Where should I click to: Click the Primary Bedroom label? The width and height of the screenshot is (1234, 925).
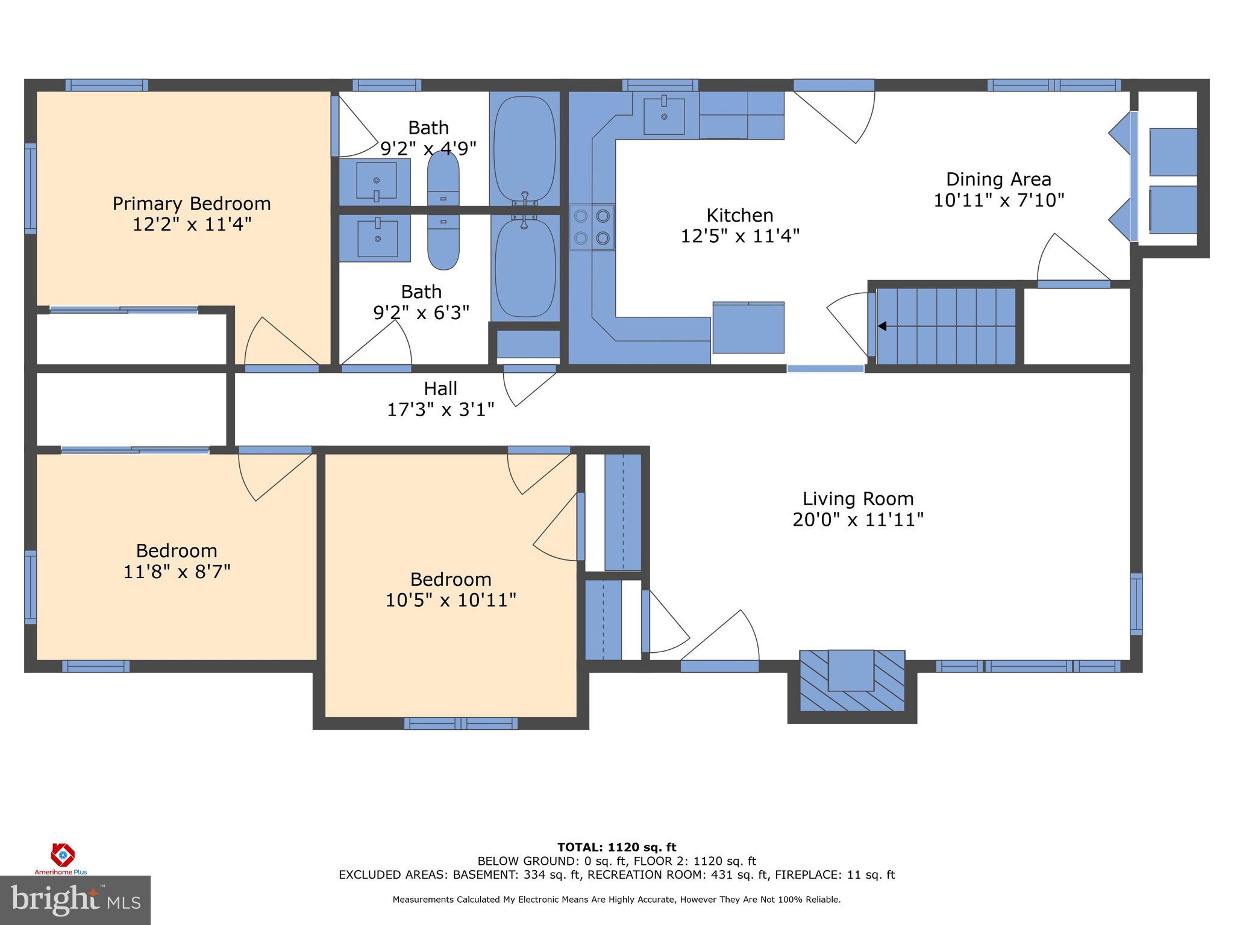(192, 204)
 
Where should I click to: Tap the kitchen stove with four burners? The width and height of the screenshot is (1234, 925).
(592, 227)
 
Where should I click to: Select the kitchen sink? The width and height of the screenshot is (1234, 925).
(663, 116)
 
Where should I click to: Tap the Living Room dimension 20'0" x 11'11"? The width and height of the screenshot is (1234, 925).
(857, 520)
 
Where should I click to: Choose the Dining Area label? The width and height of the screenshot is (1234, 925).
(998, 179)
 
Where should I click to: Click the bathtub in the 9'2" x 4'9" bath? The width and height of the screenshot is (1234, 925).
(524, 148)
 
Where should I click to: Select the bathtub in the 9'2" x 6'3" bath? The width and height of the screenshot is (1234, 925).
(525, 268)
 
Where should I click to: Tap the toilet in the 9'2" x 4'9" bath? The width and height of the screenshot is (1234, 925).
(443, 179)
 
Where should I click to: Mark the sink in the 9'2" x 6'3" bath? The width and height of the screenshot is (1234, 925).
(377, 238)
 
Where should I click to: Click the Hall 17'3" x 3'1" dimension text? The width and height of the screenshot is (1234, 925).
(440, 410)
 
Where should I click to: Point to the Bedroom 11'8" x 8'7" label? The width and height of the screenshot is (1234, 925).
(177, 551)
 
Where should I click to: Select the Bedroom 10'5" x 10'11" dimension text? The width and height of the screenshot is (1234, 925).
(451, 600)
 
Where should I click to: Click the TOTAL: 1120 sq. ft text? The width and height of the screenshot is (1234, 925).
(616, 847)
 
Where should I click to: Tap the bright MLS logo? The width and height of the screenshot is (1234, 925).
(75, 900)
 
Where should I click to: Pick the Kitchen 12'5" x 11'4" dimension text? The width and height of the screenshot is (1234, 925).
(739, 236)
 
